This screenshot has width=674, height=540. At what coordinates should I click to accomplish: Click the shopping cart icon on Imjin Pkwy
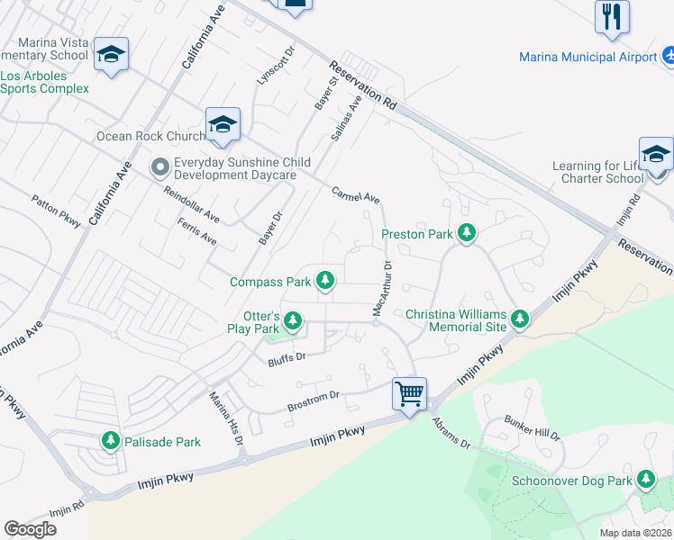(409, 393)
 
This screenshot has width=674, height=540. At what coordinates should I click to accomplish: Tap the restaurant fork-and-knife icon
(612, 16)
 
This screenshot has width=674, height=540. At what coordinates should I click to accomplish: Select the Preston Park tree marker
(466, 233)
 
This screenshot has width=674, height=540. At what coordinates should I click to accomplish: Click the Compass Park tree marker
(324, 282)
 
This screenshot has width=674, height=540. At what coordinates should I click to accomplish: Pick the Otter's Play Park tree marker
(292, 320)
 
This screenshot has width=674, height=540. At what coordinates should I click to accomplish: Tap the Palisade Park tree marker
(110, 441)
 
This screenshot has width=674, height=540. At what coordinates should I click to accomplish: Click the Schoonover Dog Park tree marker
(645, 480)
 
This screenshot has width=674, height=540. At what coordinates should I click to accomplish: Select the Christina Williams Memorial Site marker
(519, 319)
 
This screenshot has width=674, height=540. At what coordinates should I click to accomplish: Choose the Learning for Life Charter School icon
(656, 153)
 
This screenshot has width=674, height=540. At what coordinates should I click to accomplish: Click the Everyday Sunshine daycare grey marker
(161, 166)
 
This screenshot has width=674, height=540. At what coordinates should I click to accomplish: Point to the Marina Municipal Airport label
(587, 58)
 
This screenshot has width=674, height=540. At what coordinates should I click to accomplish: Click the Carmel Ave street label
(355, 194)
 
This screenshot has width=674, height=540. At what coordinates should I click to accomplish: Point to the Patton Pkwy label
(55, 211)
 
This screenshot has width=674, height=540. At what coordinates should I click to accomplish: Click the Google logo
(31, 528)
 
